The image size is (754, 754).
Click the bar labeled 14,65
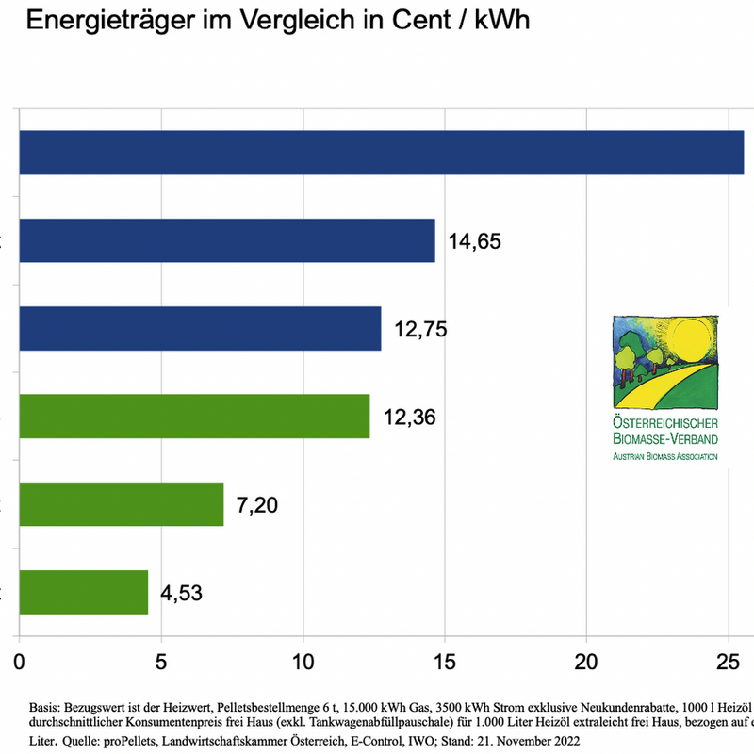[x=226, y=240]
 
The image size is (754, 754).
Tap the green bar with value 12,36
[x=194, y=416]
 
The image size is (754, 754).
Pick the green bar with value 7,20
[x=121, y=504]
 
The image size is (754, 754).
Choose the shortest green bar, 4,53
[x=83, y=592]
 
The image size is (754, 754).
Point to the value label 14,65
[x=474, y=241]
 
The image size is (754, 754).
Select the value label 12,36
[x=409, y=417]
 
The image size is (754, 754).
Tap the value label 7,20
[x=257, y=505]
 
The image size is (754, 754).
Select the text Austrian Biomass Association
[x=665, y=456]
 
